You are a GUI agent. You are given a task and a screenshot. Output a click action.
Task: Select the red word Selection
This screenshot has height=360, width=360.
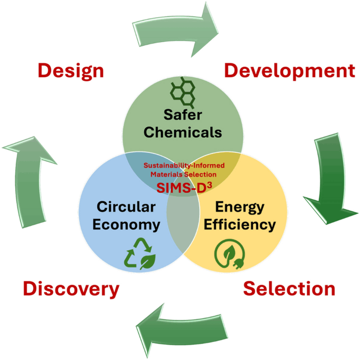(x=290, y=288)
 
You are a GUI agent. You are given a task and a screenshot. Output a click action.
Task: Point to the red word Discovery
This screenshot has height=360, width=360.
(x=71, y=289)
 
